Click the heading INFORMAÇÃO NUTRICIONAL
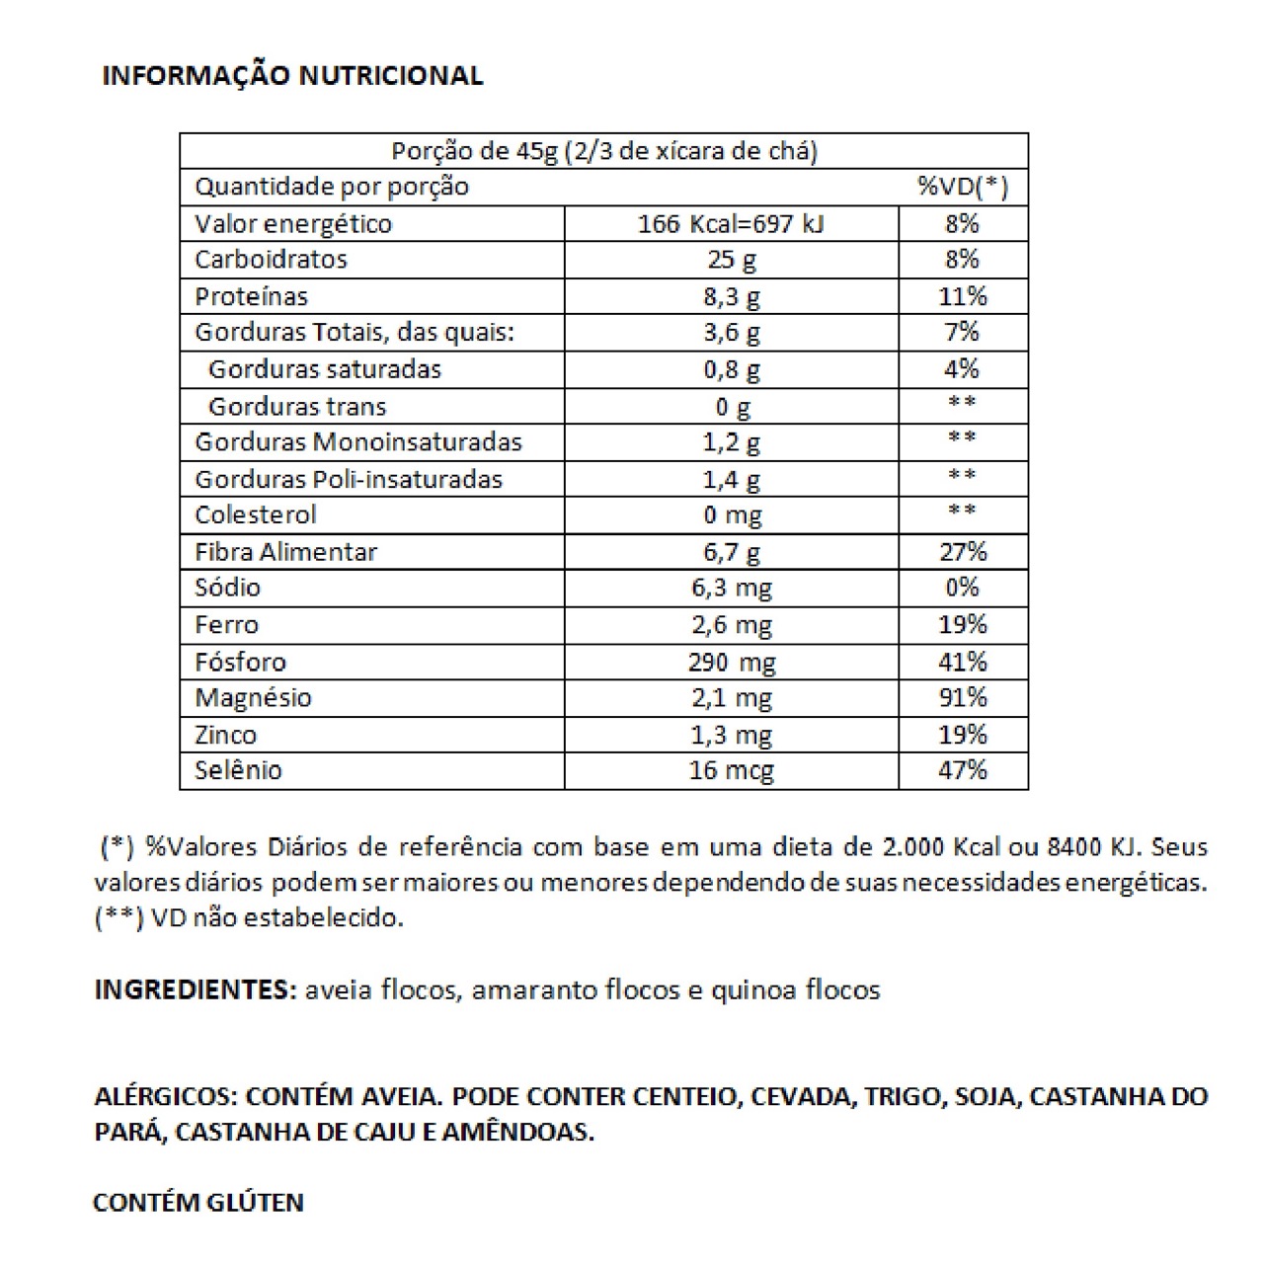tap(292, 76)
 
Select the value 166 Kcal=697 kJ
tap(731, 224)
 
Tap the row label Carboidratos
tap(271, 260)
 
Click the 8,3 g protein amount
tap(732, 297)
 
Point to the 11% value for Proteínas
tap(962, 296)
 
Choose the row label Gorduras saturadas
tap(325, 369)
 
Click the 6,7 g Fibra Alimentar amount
tap(732, 552)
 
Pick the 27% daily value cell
tap(962, 551)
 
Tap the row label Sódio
tap(227, 588)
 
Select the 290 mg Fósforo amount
tap(732, 662)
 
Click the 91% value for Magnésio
tap(962, 697)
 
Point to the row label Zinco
tap(225, 735)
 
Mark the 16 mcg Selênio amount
tap(732, 770)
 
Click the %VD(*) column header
tap(962, 187)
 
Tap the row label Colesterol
tap(256, 514)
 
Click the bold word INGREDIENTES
tap(195, 989)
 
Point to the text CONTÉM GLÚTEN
tap(198, 1203)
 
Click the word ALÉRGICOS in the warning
tap(165, 1096)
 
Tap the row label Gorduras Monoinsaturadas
tap(357, 441)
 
